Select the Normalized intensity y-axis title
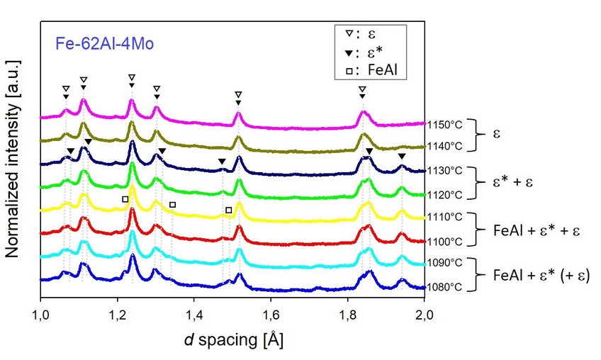[x=13, y=159]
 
